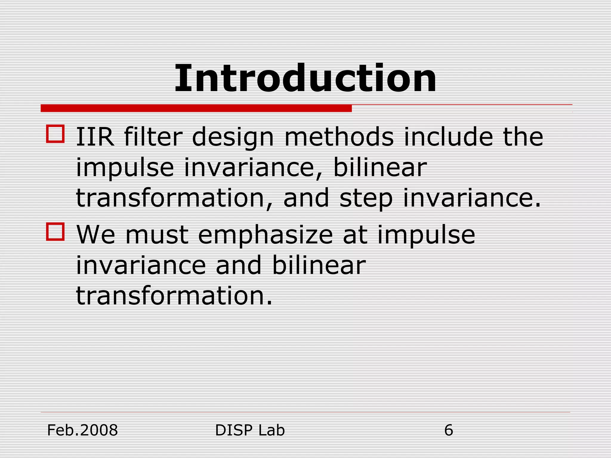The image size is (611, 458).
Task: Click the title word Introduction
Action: pos(305,79)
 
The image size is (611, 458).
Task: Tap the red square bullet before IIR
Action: pos(55,134)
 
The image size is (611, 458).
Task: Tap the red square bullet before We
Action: pos(55,232)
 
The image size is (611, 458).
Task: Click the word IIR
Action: pos(95,137)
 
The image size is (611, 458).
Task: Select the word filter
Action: pos(153,137)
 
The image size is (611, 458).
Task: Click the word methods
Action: pos(339,137)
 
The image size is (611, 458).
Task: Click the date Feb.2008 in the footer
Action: pos(83,430)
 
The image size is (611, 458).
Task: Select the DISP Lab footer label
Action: pos(250,430)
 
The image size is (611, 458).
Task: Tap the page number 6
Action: pos(448,430)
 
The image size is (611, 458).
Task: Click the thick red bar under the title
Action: pos(196,108)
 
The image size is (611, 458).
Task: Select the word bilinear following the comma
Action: pos(379,168)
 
